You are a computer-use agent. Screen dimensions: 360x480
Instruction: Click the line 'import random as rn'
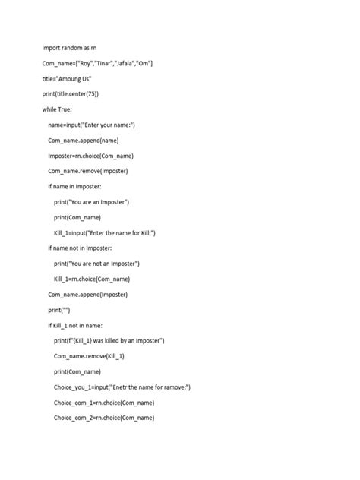coord(70,48)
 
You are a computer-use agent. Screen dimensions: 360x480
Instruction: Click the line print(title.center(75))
coord(71,94)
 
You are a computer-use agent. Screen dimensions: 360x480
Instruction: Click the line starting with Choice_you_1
coord(122,387)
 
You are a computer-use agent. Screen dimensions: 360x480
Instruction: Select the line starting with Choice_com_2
coord(104,418)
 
